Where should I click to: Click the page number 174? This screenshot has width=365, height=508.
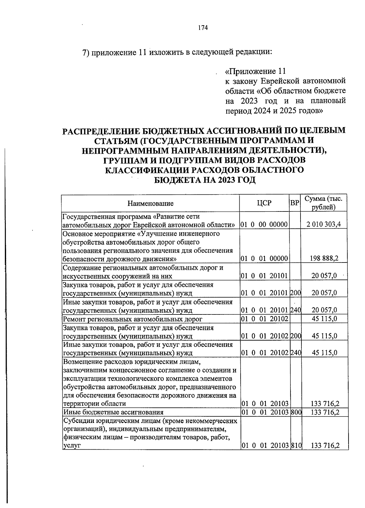[203, 28]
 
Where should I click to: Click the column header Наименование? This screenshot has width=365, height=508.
[150, 203]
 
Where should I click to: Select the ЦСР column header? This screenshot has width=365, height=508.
[264, 203]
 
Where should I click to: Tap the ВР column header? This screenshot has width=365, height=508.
[294, 203]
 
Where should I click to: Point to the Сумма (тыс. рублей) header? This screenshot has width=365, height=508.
[323, 203]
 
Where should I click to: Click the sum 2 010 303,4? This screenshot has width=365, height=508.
[324, 225]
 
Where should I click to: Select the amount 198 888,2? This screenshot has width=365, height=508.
[324, 259]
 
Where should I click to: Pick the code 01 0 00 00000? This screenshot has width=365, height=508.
[264, 225]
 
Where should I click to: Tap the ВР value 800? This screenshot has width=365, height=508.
[295, 412]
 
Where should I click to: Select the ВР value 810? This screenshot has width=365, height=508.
[295, 446]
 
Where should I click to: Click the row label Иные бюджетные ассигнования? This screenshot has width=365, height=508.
[113, 412]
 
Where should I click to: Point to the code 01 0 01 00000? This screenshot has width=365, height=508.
[264, 259]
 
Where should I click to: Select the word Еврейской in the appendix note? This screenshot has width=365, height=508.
[280, 81]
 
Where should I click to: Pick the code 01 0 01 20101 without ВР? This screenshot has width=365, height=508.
[264, 276]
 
